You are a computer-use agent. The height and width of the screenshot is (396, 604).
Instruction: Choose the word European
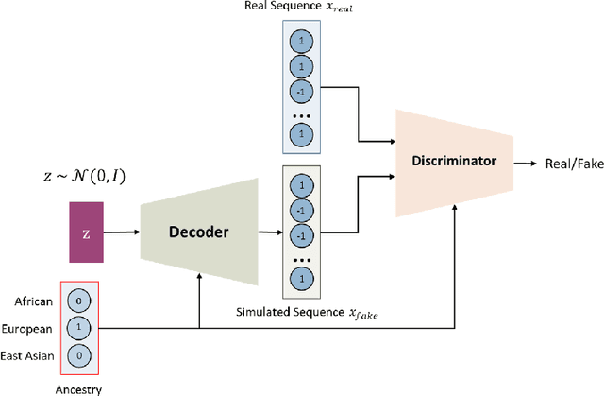[x=34, y=329]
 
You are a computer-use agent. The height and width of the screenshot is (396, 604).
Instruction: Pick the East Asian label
[x=33, y=354]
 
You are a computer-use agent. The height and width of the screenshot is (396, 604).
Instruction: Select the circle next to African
[x=79, y=302]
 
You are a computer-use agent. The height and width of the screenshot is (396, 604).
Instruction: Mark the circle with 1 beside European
[x=79, y=329]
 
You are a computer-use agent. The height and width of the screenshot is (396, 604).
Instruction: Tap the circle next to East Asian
[x=79, y=354]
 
